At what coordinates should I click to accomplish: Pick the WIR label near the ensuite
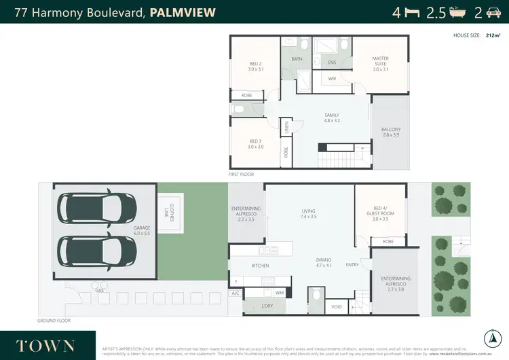(332, 79)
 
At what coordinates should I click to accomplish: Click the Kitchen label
(261, 265)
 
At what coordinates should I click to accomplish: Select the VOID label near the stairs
(337, 306)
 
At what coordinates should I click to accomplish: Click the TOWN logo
(45, 345)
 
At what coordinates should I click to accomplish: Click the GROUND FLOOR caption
(54, 321)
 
